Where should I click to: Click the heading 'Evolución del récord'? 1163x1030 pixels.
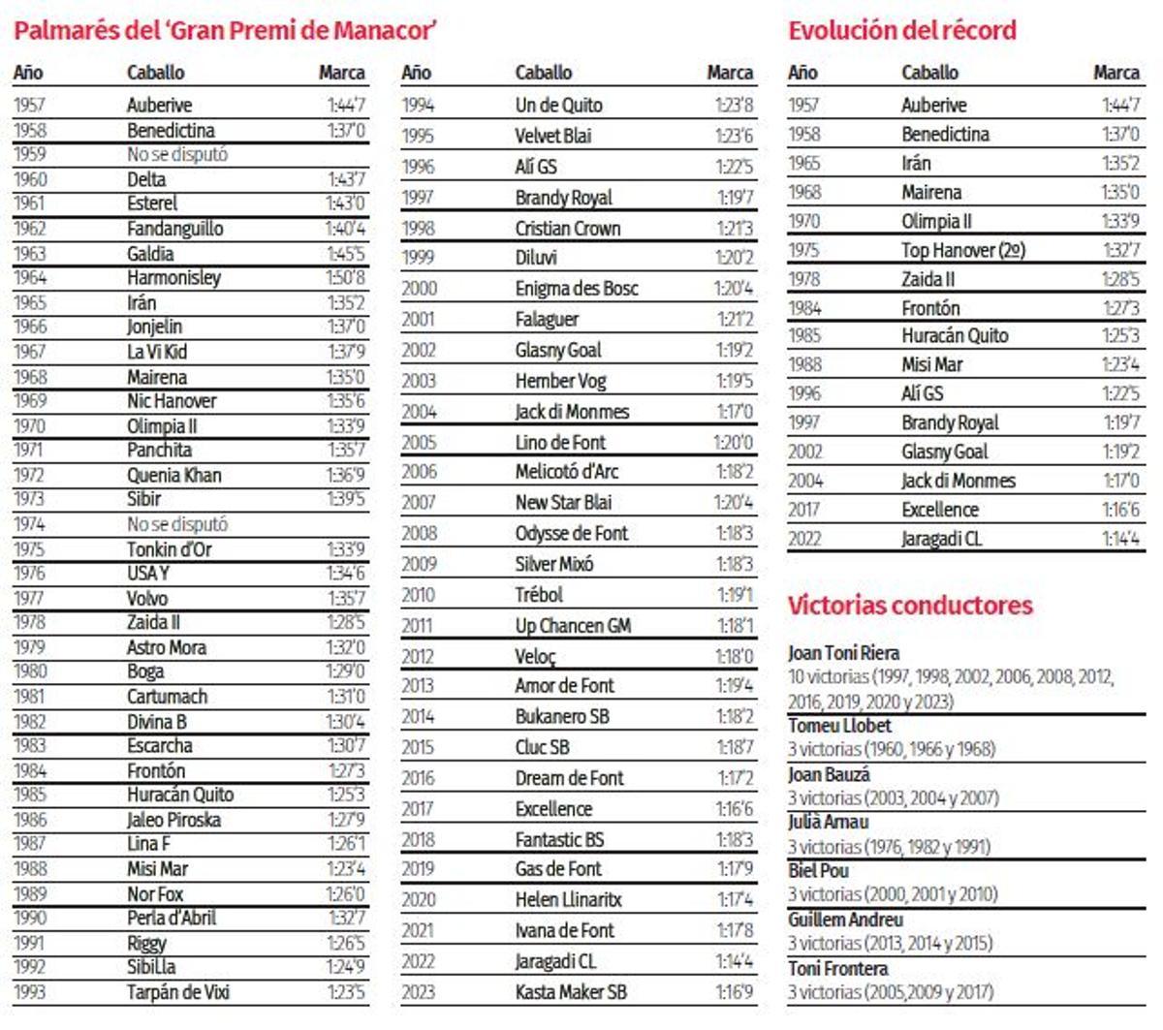click(x=901, y=30)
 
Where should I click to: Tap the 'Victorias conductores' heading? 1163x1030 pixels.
click(x=910, y=606)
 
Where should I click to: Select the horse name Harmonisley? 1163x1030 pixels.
click(x=173, y=278)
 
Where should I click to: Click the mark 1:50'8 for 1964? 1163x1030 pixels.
click(x=345, y=278)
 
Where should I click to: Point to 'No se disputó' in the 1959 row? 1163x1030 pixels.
click(x=177, y=154)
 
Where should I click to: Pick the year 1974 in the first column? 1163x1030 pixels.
click(x=29, y=524)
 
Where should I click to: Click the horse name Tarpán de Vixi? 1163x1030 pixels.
click(x=177, y=992)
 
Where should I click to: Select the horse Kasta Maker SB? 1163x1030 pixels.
click(x=571, y=992)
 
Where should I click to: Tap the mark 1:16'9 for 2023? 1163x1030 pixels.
click(x=734, y=992)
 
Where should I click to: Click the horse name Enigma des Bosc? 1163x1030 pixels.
click(x=577, y=289)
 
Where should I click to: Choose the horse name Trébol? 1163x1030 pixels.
click(x=539, y=595)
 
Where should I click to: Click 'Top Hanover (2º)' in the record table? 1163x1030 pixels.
click(x=962, y=250)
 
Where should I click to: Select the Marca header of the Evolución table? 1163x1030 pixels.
click(x=1116, y=73)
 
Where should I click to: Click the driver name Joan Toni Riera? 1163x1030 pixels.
click(x=843, y=653)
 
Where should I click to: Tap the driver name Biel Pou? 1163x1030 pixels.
click(x=818, y=870)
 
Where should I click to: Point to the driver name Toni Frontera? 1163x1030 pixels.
click(x=837, y=968)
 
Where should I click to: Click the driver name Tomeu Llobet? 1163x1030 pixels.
click(x=839, y=726)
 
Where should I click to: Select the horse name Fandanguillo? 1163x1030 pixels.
click(x=174, y=229)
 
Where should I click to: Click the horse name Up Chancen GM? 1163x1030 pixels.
click(x=573, y=626)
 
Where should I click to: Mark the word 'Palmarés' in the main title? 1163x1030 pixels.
click(x=67, y=30)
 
